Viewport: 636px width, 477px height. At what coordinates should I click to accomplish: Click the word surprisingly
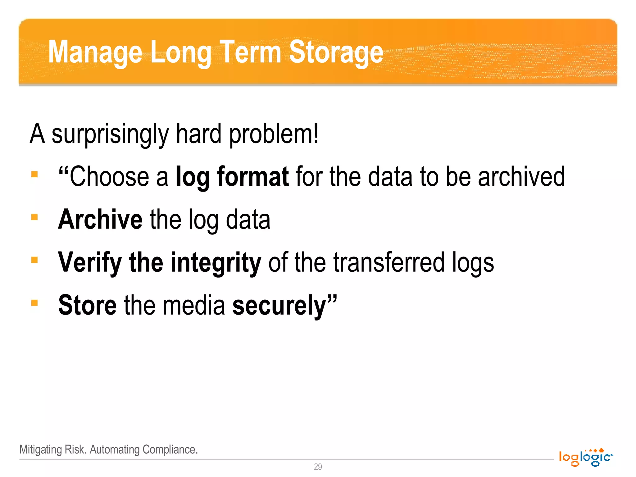click(x=110, y=134)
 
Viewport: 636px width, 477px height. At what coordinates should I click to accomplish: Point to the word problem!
click(x=274, y=134)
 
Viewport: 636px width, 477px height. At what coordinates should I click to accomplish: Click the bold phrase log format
click(x=232, y=177)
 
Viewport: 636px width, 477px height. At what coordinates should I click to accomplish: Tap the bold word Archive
click(x=100, y=219)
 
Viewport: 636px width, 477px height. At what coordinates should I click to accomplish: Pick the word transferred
click(x=389, y=262)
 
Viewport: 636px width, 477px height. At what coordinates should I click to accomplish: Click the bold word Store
click(x=87, y=305)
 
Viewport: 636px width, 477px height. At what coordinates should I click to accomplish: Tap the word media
click(x=194, y=305)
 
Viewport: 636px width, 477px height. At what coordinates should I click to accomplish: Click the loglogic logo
click(x=585, y=457)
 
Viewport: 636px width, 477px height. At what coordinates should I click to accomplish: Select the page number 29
click(x=318, y=467)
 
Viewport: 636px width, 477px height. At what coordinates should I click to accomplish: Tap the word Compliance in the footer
click(x=170, y=449)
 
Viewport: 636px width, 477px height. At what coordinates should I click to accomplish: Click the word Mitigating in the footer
click(x=41, y=449)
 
